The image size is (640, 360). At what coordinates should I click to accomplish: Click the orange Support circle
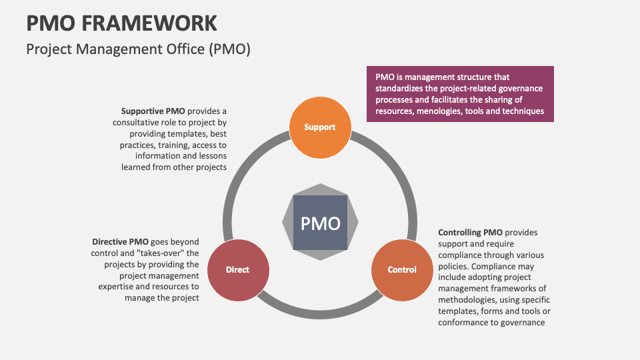319,127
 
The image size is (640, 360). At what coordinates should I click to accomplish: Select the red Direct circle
237,269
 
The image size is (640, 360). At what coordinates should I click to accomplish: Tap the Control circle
402,269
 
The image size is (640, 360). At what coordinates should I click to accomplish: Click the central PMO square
320,223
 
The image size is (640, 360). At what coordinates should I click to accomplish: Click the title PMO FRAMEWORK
121,23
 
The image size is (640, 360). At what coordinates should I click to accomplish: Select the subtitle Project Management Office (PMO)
138,49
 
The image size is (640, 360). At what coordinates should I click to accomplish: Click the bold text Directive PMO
120,241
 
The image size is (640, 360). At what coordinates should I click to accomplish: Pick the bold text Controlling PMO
470,233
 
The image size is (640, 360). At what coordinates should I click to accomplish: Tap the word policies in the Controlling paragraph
454,267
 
